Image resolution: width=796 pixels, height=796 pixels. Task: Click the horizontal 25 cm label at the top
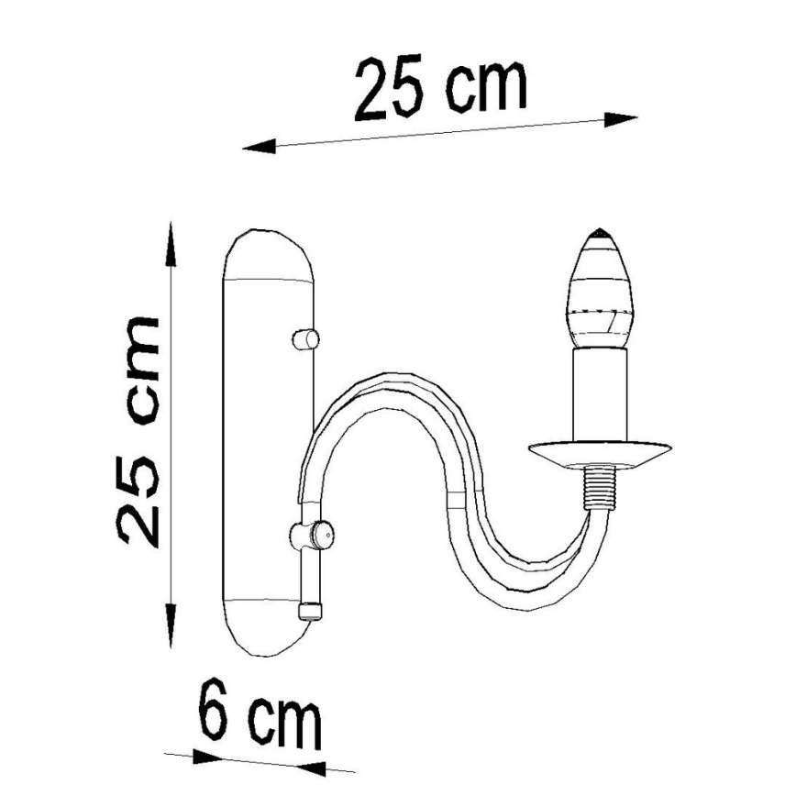pos(441,89)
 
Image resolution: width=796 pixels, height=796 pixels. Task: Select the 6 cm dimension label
pos(260,713)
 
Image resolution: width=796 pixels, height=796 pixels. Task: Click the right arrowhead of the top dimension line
pos(624,119)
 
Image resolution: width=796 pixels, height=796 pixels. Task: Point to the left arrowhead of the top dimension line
pos(258,145)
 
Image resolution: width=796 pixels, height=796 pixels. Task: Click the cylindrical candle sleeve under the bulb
pos(601,395)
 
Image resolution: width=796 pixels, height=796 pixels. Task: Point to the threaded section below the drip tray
pos(600,487)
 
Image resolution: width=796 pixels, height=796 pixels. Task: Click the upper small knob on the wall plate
pos(305,338)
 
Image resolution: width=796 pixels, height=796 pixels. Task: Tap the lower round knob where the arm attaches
pos(312,534)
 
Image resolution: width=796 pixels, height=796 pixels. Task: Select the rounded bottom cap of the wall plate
pos(270,628)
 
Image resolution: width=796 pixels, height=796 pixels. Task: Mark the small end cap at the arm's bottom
pos(310,610)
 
